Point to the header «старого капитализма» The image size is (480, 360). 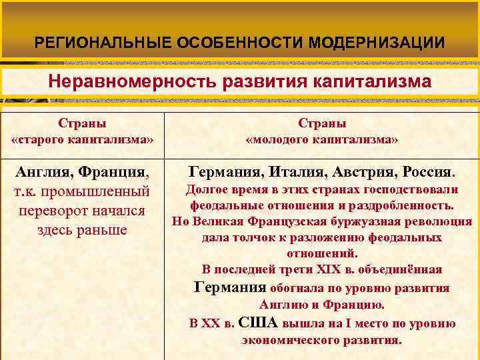click(x=82, y=141)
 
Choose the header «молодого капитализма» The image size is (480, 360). click(x=323, y=141)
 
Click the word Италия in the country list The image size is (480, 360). click(x=290, y=173)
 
